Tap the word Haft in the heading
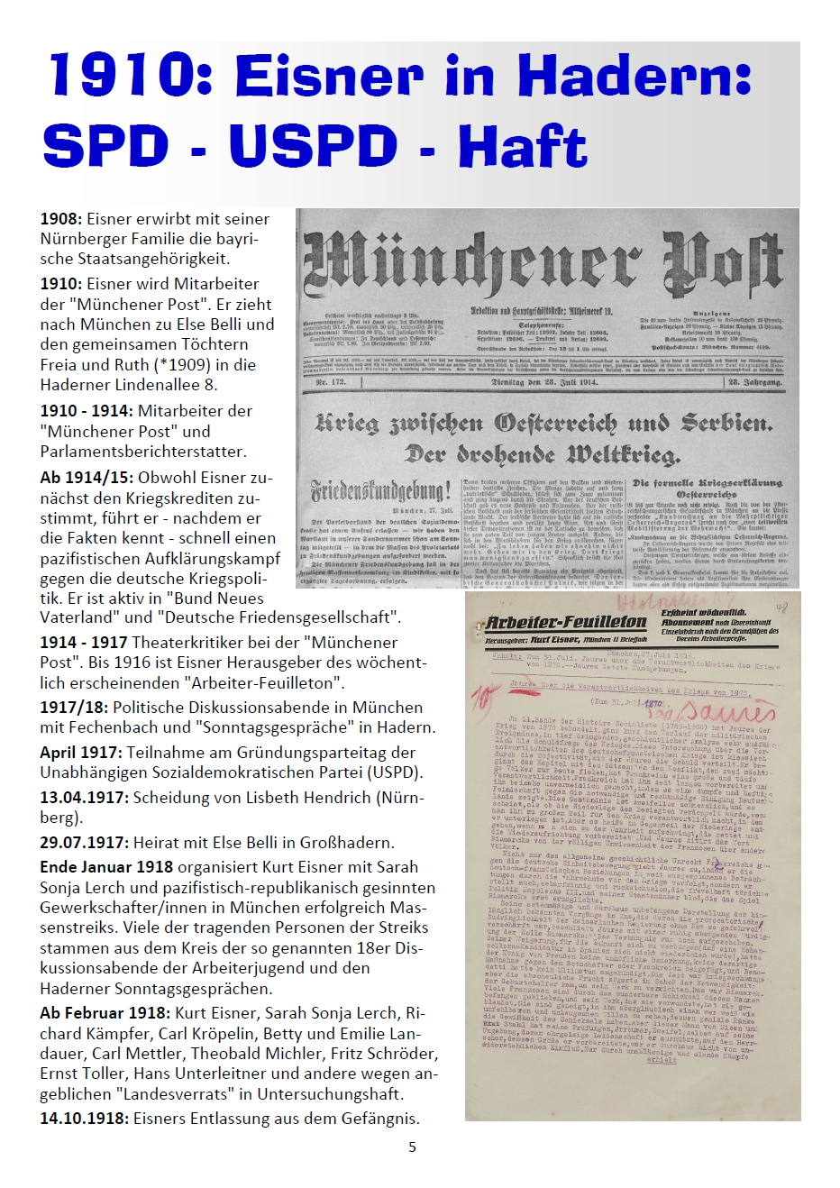pyautogui.click(x=522, y=146)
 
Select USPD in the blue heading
pyautogui.click(x=313, y=146)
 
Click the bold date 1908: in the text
pyautogui.click(x=61, y=219)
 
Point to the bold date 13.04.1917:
pyautogui.click(x=85, y=798)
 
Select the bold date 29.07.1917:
pyautogui.click(x=85, y=843)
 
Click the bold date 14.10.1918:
pyautogui.click(x=85, y=1119)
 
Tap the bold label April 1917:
pyautogui.click(x=81, y=752)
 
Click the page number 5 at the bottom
pyautogui.click(x=413, y=1147)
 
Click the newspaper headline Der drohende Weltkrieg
pyautogui.click(x=543, y=453)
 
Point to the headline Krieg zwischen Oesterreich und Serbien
pyautogui.click(x=543, y=423)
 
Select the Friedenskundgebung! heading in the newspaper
pyautogui.click(x=381, y=492)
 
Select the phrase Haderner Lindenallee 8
pyautogui.click(x=128, y=385)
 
